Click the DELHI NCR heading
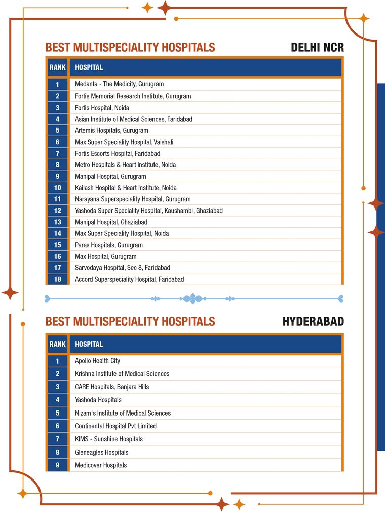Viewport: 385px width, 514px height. (x=317, y=48)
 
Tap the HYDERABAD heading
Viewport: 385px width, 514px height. (x=313, y=322)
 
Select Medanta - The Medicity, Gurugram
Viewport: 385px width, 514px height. (x=119, y=84)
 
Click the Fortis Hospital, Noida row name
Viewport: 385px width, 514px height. (x=102, y=108)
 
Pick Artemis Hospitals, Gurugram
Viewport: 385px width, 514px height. (x=111, y=130)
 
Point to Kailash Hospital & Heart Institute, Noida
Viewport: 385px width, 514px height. (x=126, y=188)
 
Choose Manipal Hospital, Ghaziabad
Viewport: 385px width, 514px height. (x=111, y=222)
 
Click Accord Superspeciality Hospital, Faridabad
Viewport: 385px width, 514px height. (x=129, y=279)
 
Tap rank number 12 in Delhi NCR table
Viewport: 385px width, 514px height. (x=58, y=211)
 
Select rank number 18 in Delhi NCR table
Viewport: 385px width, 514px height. (x=58, y=279)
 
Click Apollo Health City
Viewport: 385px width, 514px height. (x=97, y=361)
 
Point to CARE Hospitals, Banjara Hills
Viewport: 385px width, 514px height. (x=112, y=387)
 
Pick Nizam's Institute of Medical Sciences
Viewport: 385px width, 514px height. (x=123, y=413)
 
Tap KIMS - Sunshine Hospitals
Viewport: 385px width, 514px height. (x=109, y=439)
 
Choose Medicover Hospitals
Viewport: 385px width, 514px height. (x=101, y=465)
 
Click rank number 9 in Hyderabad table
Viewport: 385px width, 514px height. (x=58, y=465)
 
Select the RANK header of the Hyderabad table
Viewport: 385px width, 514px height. (x=58, y=344)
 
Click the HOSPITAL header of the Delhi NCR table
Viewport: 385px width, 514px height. (x=89, y=67)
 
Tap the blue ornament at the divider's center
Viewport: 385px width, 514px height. (x=192, y=298)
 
